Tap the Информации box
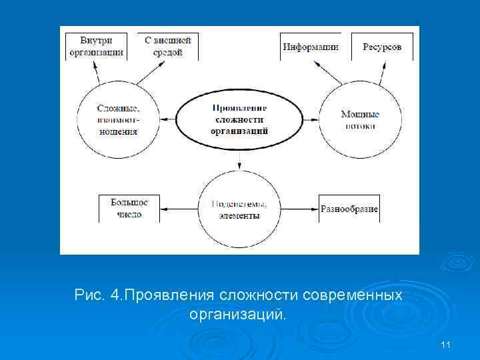[x=310, y=47]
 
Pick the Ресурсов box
[x=382, y=47]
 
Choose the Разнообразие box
[x=349, y=209]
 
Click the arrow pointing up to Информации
[x=328, y=72]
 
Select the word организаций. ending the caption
[x=237, y=313]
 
